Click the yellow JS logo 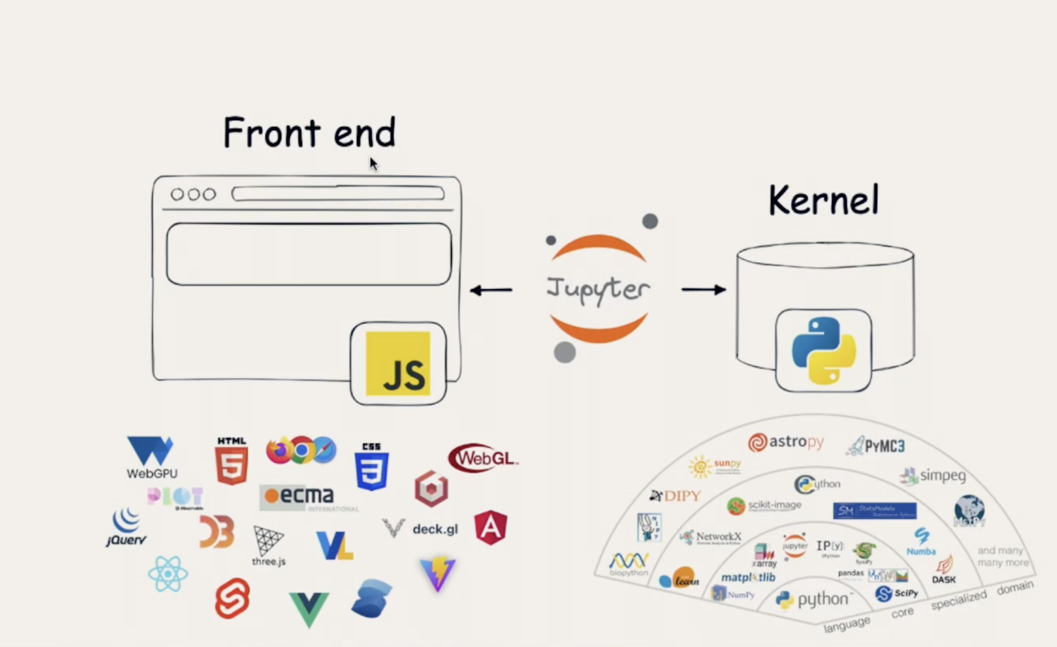click(398, 364)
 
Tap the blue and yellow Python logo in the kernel click(823, 351)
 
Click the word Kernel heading click(823, 200)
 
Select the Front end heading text click(309, 133)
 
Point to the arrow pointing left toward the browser click(491, 290)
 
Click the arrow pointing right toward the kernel click(703, 290)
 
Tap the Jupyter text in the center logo click(598, 289)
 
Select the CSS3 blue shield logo click(371, 467)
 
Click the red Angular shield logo click(491, 528)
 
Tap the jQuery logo click(126, 528)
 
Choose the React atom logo click(168, 574)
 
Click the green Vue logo click(309, 609)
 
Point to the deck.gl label click(435, 529)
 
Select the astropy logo click(785, 442)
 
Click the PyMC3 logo click(876, 445)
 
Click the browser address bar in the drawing click(338, 194)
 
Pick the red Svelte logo click(232, 598)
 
